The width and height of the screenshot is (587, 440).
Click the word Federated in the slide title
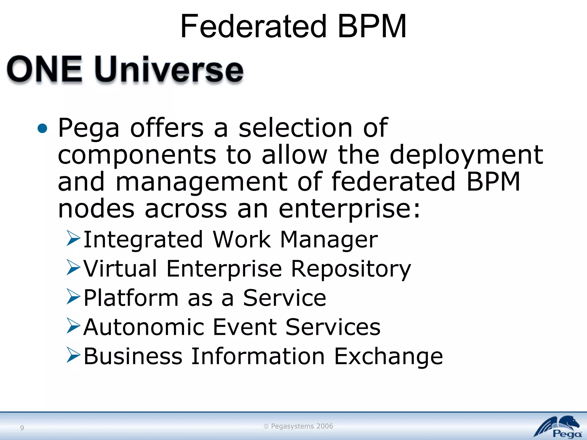[253, 27]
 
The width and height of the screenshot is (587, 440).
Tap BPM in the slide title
[372, 27]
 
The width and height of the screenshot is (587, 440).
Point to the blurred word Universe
[169, 70]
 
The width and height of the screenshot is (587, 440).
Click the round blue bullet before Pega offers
[42, 128]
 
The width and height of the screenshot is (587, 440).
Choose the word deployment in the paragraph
[466, 155]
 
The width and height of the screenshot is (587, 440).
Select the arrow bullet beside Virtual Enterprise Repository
[73, 267]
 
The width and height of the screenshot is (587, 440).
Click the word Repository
[351, 269]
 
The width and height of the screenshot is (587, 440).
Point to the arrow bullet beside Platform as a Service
[73, 296]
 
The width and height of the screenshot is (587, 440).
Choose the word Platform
[131, 298]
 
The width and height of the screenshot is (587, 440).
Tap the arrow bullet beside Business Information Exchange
[73, 355]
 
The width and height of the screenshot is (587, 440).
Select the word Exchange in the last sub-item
[388, 357]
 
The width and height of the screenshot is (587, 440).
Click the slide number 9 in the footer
[22, 428]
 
